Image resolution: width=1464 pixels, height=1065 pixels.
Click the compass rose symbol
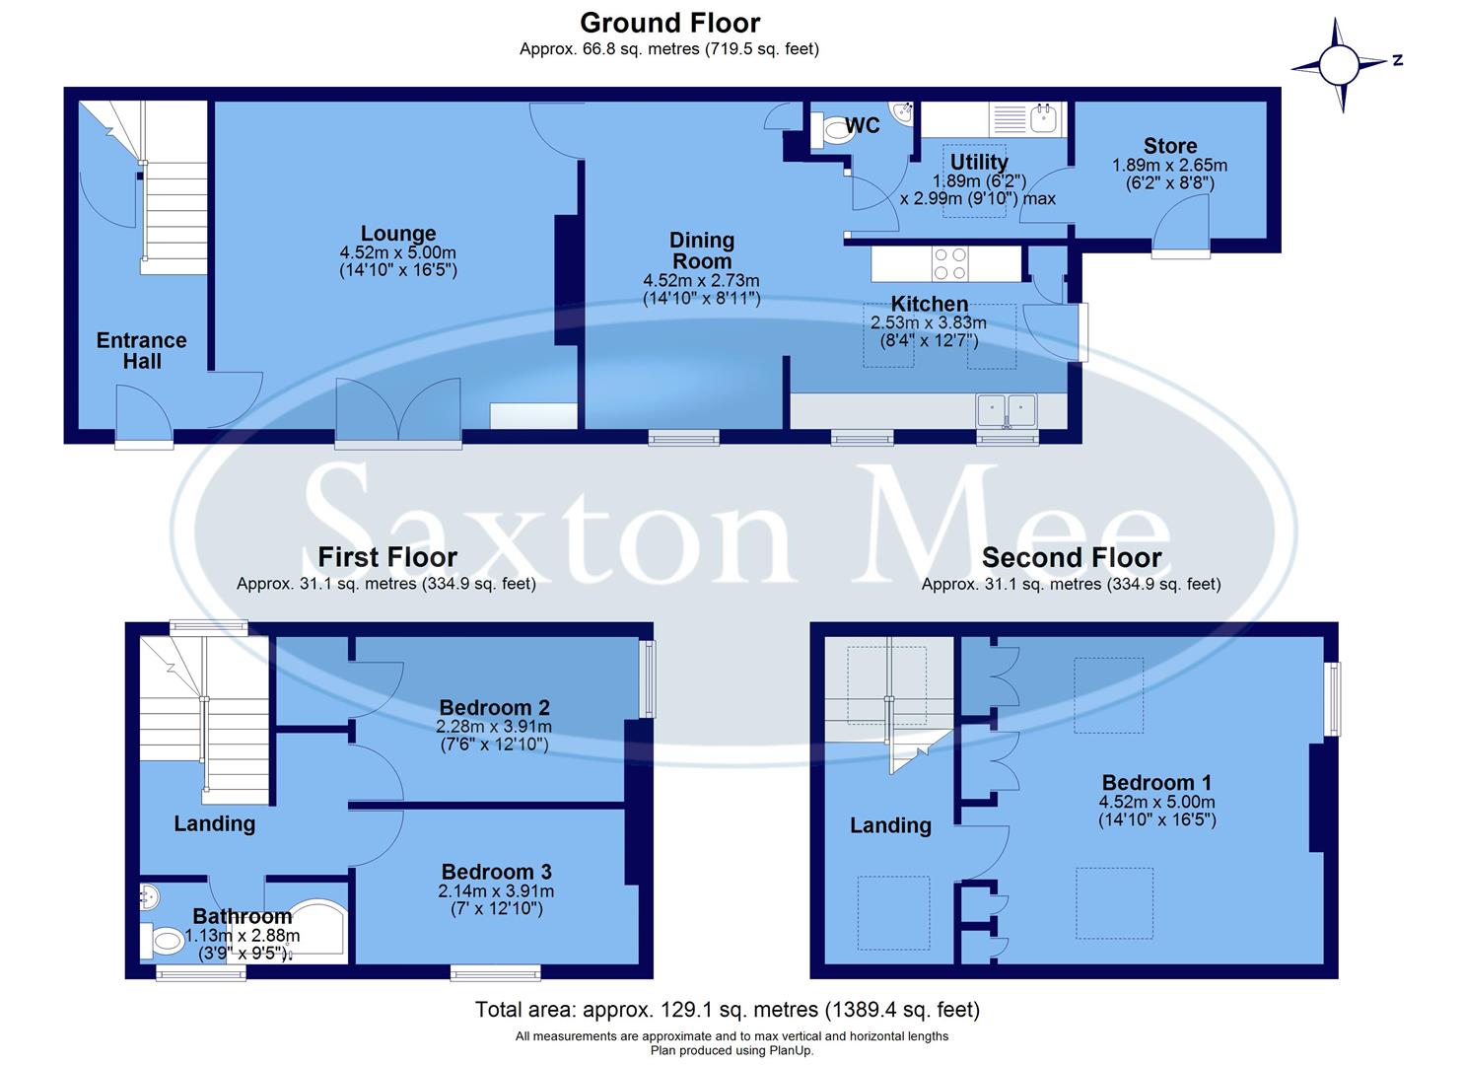pos(1339,65)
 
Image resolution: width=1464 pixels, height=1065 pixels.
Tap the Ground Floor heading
pos(669,22)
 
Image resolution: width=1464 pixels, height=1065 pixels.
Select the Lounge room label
pos(397,234)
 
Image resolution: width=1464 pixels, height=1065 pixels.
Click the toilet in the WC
pos(828,133)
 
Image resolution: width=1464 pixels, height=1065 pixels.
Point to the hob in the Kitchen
pos(949,263)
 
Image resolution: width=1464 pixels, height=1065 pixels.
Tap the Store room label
pos(1169,146)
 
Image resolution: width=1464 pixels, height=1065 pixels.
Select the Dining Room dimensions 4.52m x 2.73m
pos(701,281)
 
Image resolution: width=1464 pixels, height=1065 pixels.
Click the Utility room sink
pos(1043,119)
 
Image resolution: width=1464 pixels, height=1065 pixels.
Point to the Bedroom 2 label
pos(494,707)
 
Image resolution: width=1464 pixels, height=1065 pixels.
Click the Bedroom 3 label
pos(496,872)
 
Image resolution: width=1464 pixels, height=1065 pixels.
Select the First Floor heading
pos(386,557)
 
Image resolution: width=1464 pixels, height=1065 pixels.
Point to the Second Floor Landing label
pos(890,825)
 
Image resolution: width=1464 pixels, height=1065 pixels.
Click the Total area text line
pos(727,1010)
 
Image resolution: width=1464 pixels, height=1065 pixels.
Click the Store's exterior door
pos(1180,225)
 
